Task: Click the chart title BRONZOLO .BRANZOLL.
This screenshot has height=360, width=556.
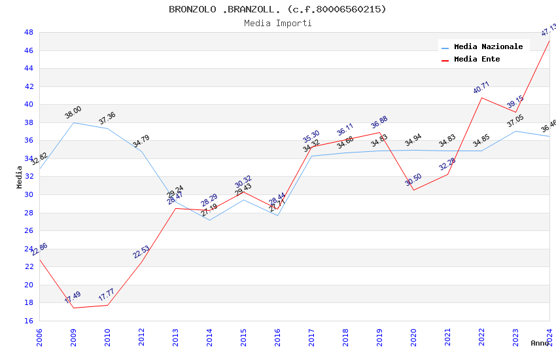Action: coord(277,9)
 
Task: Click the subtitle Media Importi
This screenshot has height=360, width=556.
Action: coord(277,24)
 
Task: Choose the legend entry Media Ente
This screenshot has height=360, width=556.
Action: coord(477,59)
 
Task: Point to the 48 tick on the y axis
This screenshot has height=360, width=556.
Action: coord(29,32)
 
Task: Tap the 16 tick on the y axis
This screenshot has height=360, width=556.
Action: coord(29,321)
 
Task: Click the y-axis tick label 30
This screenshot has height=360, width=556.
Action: coord(29,194)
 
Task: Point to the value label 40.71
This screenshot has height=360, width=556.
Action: coord(481,88)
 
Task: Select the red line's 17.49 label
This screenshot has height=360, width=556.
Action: coord(73,298)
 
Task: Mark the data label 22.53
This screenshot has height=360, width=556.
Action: coord(141,252)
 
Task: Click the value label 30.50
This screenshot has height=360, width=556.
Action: coord(413,180)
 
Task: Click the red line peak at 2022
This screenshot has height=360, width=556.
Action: coord(482,98)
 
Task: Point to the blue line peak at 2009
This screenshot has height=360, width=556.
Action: coord(74,122)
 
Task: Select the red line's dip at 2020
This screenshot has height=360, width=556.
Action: coord(414,190)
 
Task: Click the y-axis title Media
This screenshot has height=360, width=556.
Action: coord(20,177)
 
